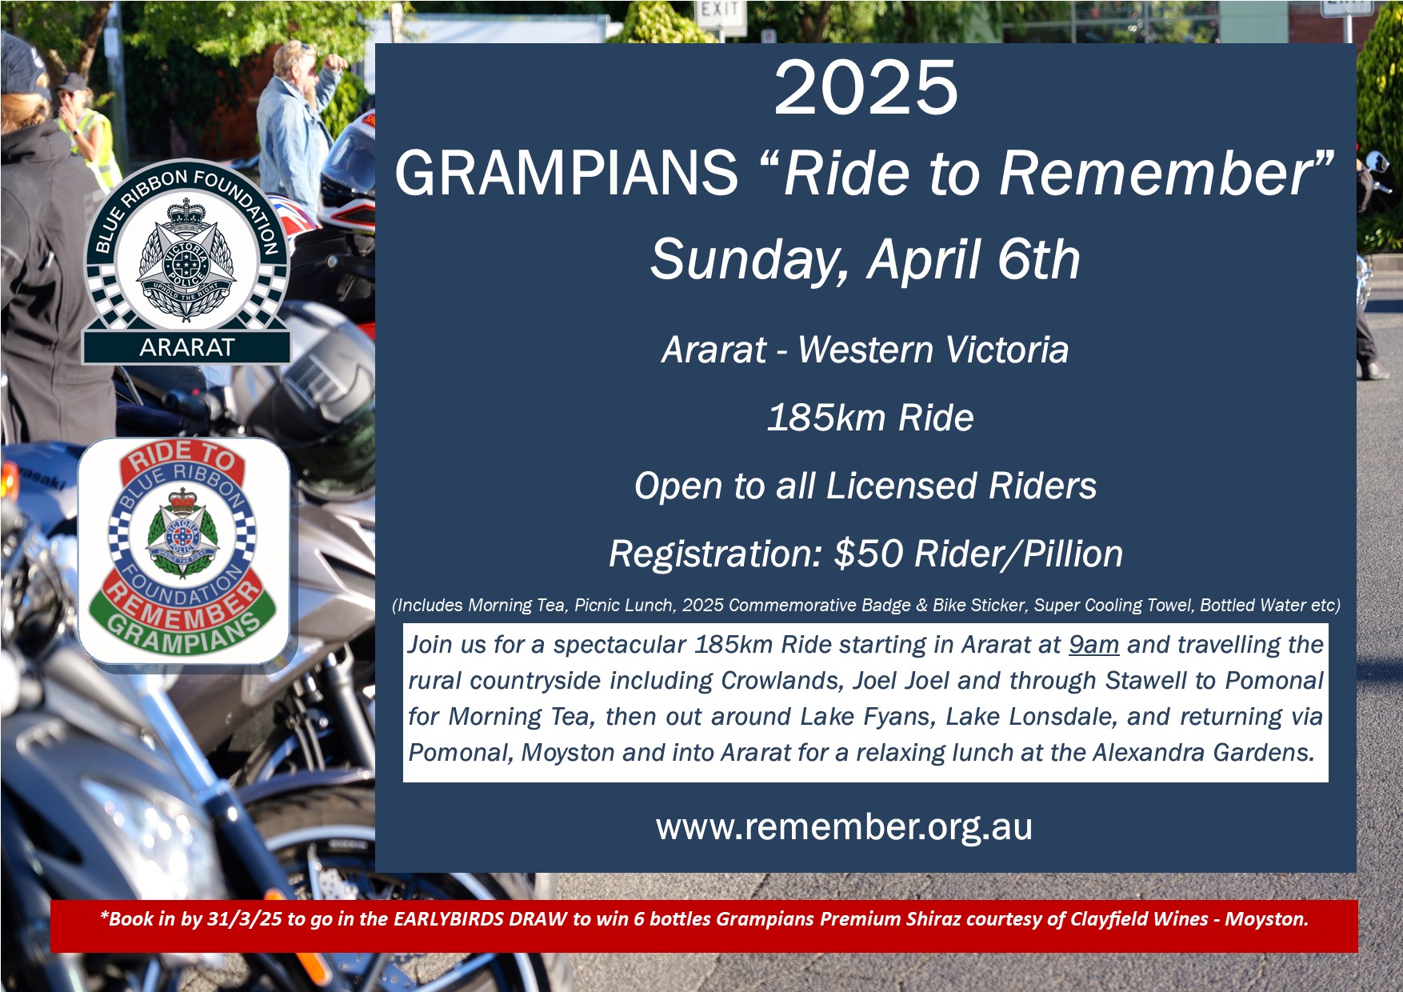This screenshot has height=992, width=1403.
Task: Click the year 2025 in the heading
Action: [865, 88]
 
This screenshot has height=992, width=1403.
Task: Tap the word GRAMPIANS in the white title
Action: [566, 173]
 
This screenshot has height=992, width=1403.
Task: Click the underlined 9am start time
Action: [1093, 645]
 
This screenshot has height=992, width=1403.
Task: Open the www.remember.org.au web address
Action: [844, 827]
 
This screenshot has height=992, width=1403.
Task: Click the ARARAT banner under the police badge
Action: [186, 347]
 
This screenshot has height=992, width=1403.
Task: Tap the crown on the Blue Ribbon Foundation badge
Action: [186, 212]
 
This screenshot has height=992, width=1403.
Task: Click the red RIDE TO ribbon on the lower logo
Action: [184, 458]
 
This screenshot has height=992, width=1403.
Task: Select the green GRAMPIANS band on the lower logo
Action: [183, 632]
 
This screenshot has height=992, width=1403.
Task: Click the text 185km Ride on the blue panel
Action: [870, 418]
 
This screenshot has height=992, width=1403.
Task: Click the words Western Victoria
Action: [933, 350]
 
